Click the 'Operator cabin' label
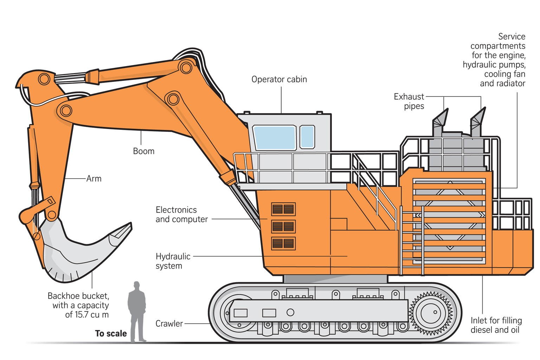279,79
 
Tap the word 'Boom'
144,151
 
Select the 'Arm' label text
94,179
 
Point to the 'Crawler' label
169,323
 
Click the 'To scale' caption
111,333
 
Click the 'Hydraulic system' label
173,261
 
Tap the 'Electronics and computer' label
181,214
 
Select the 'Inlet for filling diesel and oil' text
496,325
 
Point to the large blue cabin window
275,137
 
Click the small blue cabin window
307,137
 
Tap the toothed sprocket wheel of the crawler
431,312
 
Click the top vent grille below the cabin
283,210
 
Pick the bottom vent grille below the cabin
283,243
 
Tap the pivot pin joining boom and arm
65,111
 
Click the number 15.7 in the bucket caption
82,314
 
